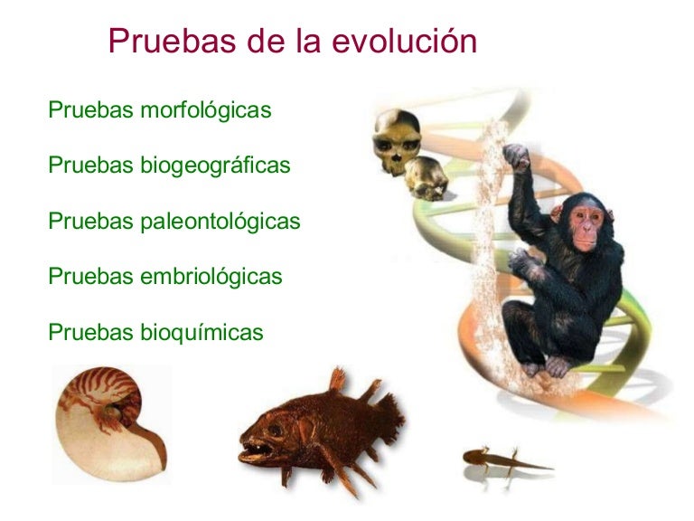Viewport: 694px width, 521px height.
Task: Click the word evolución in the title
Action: (x=404, y=41)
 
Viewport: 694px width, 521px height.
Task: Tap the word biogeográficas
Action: (x=215, y=166)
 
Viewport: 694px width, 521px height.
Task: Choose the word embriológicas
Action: (x=211, y=276)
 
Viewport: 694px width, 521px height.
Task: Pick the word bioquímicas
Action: (x=202, y=332)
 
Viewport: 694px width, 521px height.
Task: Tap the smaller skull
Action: (x=427, y=176)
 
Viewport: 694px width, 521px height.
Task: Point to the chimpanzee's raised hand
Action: (x=517, y=156)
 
